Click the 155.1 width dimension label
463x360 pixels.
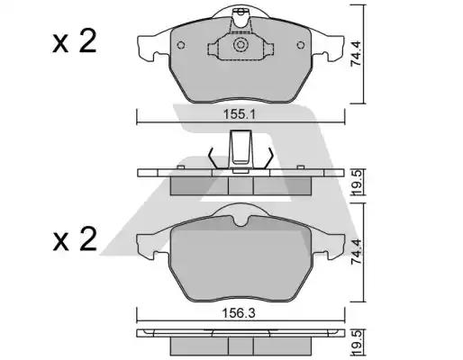tap(239, 114)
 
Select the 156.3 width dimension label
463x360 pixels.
tap(239, 313)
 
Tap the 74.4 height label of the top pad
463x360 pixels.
tap(357, 54)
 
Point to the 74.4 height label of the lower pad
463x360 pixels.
tap(357, 252)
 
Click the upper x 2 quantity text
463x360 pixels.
tap(75, 41)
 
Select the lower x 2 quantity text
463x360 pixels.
tap(75, 239)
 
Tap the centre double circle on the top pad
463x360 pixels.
tap(241, 45)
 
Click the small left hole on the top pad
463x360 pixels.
tap(181, 45)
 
